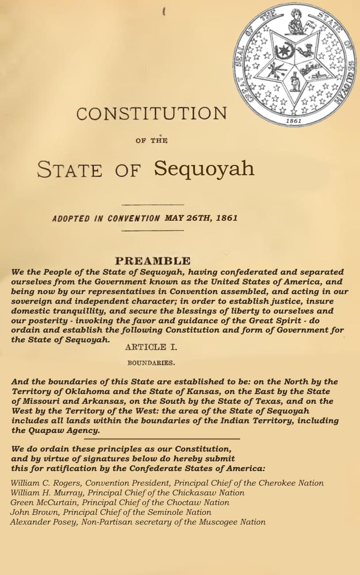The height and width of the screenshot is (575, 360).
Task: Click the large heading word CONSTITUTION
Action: tap(151, 114)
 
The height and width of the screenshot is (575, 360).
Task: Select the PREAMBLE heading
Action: tap(153, 261)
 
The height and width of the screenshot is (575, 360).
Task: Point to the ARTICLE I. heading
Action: tap(151, 347)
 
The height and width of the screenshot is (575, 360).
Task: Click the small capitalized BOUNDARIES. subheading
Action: tap(151, 363)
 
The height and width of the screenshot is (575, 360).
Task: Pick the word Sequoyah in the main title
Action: tap(204, 169)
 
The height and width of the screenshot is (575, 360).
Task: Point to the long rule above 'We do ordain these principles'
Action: tap(162, 439)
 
